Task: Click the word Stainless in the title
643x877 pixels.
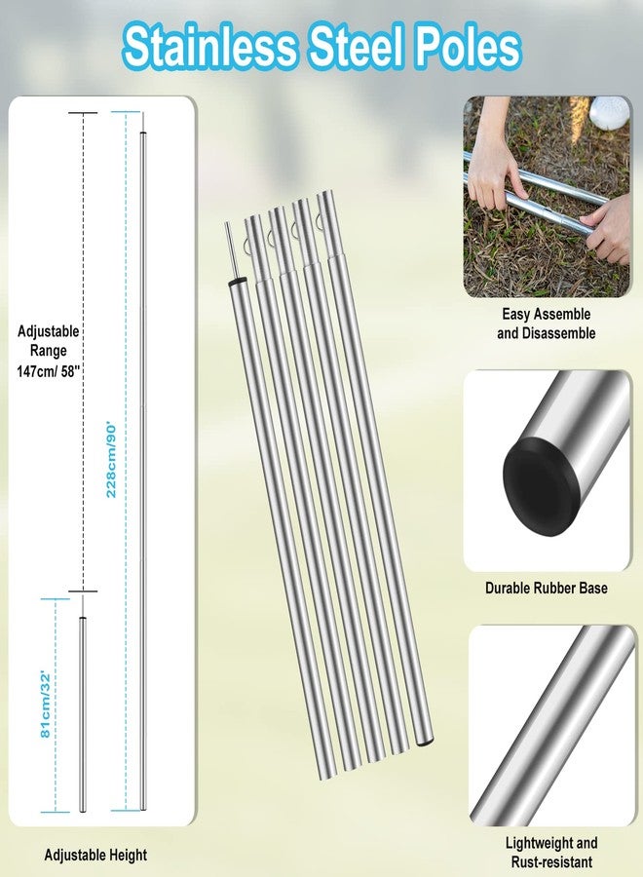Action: tap(208, 47)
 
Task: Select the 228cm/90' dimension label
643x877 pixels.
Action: tap(111, 460)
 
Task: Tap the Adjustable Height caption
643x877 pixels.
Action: tap(95, 855)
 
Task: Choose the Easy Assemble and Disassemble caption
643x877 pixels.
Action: tap(546, 324)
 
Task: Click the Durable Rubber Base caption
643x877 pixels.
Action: tap(547, 588)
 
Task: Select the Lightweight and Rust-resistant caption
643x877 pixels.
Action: tap(551, 852)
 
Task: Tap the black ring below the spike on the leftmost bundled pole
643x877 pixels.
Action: tap(237, 280)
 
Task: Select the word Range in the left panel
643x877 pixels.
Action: tap(48, 351)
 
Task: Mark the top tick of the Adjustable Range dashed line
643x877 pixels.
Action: tap(83, 113)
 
